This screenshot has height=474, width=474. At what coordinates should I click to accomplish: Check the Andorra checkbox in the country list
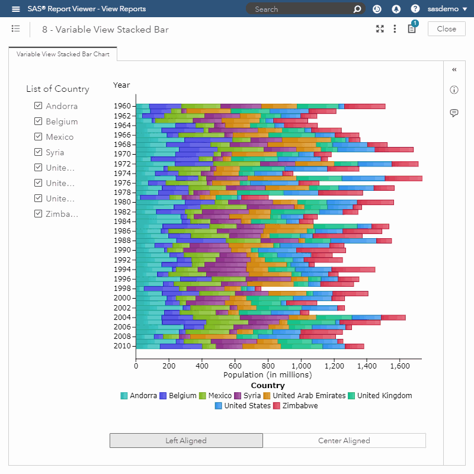tap(39, 106)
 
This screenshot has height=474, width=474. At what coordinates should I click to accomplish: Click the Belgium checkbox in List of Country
tap(39, 121)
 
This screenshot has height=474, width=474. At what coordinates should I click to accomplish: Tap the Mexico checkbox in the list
tap(39, 137)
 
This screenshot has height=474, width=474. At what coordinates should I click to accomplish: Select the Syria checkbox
tap(39, 152)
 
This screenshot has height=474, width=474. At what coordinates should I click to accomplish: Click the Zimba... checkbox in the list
tap(39, 214)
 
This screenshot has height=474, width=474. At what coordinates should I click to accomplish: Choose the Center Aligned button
tap(344, 441)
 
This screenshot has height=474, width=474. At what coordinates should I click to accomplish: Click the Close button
tap(446, 29)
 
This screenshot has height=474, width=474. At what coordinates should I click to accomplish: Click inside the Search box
tap(299, 9)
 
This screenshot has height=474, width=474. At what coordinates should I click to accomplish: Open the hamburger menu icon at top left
tap(16, 9)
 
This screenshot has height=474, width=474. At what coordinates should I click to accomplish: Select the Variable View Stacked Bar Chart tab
tap(63, 54)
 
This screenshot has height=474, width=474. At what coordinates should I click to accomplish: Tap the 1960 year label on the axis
tap(122, 106)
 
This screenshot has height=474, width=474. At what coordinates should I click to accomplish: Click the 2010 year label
tap(122, 346)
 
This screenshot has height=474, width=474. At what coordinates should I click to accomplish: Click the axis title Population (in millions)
tap(268, 375)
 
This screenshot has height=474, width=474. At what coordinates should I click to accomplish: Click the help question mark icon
tap(415, 9)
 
